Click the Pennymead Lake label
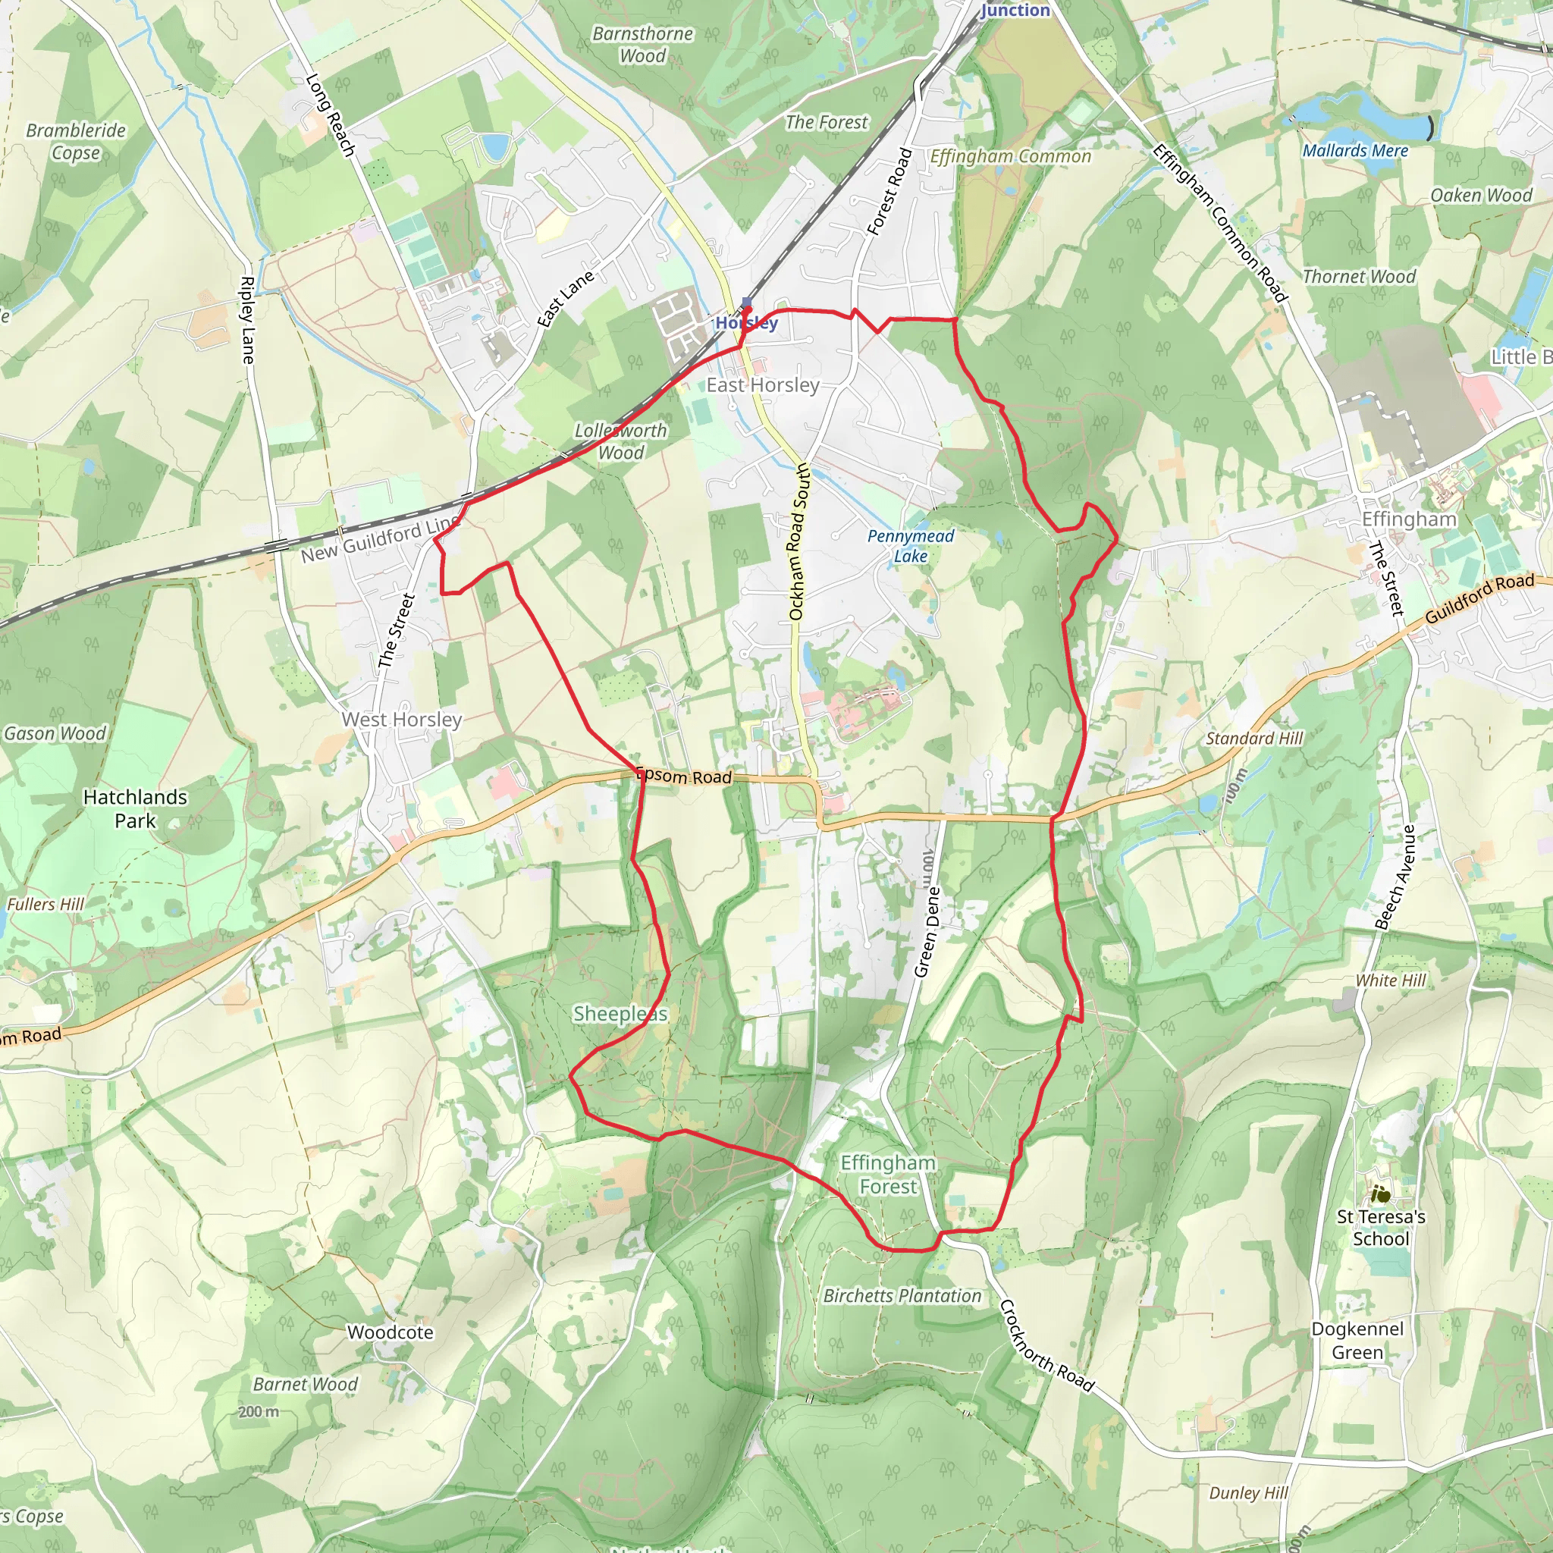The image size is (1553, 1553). click(x=910, y=546)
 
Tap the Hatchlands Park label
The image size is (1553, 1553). click(x=135, y=808)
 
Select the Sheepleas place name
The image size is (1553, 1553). click(x=620, y=1014)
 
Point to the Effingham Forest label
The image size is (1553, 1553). click(x=887, y=1175)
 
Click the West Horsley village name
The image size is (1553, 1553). click(x=402, y=720)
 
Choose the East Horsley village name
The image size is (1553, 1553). click(x=763, y=385)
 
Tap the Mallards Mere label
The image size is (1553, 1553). click(x=1355, y=151)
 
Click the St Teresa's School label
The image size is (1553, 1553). click(x=1381, y=1228)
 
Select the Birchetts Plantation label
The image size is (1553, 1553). click(x=902, y=1296)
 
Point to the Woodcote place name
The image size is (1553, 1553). click(x=391, y=1332)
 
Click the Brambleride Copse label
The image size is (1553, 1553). click(x=77, y=142)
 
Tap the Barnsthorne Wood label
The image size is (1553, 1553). click(x=642, y=45)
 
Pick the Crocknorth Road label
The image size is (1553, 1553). click(x=1046, y=1346)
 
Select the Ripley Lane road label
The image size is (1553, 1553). click(x=247, y=320)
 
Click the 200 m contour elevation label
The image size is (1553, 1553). click(x=259, y=1411)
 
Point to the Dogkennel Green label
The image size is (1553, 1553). click(x=1357, y=1341)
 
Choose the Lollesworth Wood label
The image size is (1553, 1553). click(x=620, y=441)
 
